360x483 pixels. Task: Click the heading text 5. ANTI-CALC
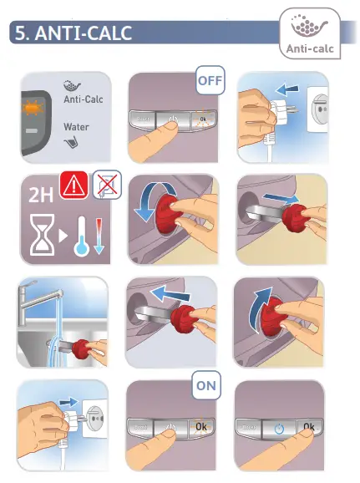click(74, 33)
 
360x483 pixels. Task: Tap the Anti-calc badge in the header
click(310, 33)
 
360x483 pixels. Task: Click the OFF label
click(210, 80)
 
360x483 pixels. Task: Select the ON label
click(206, 385)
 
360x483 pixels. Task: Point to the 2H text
click(41, 195)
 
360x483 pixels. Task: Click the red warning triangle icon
click(74, 186)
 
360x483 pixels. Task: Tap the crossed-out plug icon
click(107, 184)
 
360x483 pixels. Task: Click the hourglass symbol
click(43, 235)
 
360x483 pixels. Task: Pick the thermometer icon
click(81, 236)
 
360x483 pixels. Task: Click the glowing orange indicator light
click(33, 108)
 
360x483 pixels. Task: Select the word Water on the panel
click(76, 127)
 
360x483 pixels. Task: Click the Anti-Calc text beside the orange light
click(84, 99)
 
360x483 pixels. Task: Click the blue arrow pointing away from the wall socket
click(287, 89)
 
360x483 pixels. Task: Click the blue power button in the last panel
click(279, 429)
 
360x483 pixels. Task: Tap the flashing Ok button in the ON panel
click(201, 427)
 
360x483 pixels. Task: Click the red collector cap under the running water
click(82, 349)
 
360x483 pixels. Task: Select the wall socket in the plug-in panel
click(95, 419)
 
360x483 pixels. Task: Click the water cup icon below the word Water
click(72, 142)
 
